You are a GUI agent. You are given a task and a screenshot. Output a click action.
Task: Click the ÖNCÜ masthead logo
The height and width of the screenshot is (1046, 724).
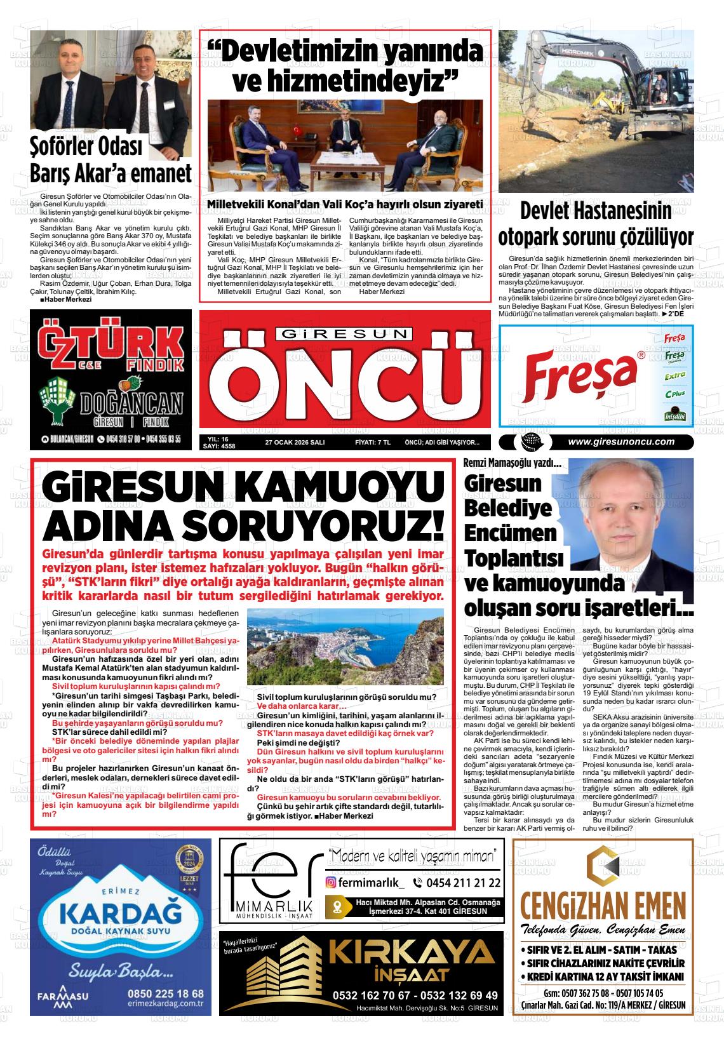(x=345, y=380)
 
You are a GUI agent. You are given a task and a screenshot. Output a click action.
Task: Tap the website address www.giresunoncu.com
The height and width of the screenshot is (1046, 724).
(x=620, y=442)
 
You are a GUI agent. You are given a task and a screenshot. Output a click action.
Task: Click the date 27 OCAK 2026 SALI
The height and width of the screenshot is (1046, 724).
(x=295, y=443)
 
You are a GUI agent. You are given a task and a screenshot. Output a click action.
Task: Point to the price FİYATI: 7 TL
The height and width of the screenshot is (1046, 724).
(x=372, y=443)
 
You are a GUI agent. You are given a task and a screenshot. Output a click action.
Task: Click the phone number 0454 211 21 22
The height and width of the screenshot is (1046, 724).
(x=456, y=883)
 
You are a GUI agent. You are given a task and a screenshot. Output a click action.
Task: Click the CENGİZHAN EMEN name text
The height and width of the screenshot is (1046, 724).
(x=603, y=902)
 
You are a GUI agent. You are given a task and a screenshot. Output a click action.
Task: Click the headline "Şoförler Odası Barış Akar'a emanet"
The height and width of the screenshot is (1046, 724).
(x=111, y=161)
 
